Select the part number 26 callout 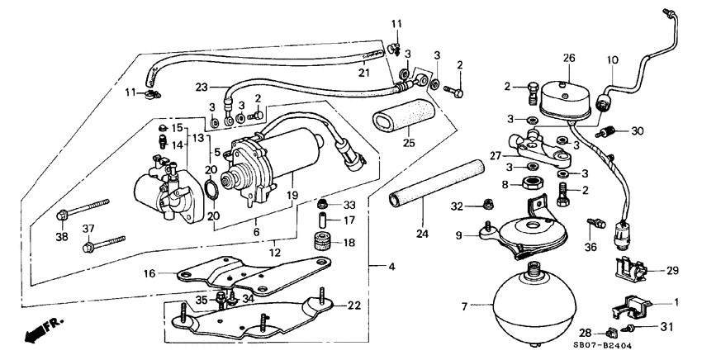click(x=568, y=58)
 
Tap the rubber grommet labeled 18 click(x=319, y=244)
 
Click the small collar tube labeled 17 click(x=324, y=220)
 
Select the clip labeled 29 click(x=630, y=268)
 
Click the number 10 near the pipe click(x=612, y=60)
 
